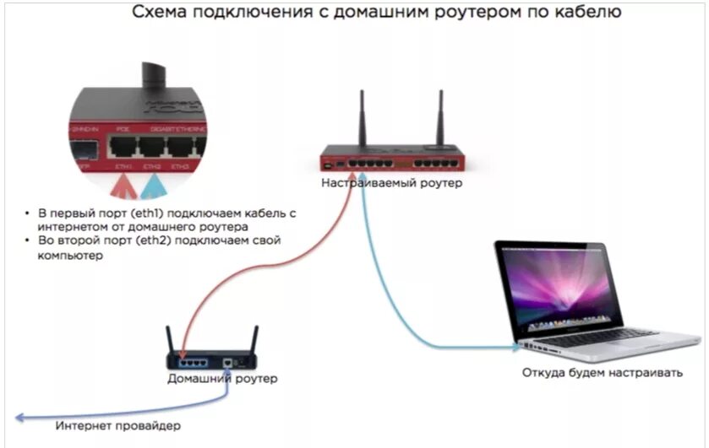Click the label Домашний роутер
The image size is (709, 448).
click(221, 379)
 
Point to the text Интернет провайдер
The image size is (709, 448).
click(118, 425)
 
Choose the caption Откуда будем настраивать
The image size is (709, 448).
click(602, 372)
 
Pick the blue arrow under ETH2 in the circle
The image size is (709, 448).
click(153, 184)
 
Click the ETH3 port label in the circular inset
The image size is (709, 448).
click(180, 168)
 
